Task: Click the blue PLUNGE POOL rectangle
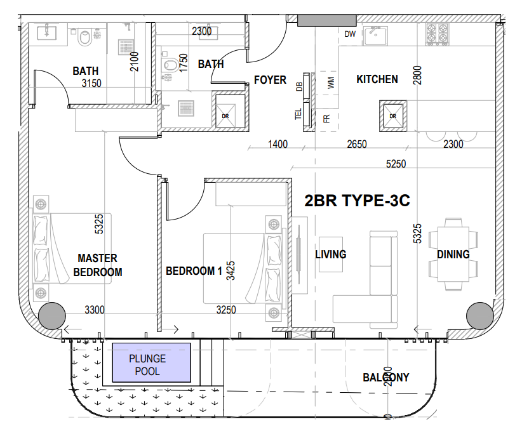tap(151, 362)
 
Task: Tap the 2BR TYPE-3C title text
tap(357, 202)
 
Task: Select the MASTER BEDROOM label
tap(97, 265)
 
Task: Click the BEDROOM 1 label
tap(194, 271)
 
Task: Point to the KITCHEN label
tap(377, 79)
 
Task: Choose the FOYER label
tap(270, 81)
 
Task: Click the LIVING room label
tap(331, 254)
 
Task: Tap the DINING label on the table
tap(453, 254)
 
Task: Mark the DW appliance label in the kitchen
tap(350, 34)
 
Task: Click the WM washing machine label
tap(330, 82)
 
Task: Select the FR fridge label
tap(326, 119)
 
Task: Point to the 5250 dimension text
tap(396, 164)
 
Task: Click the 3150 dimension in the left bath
tap(92, 83)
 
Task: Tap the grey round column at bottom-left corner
tap(51, 315)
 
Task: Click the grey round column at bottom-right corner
tap(479, 315)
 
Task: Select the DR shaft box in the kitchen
tap(392, 116)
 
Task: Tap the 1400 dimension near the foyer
tap(278, 145)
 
